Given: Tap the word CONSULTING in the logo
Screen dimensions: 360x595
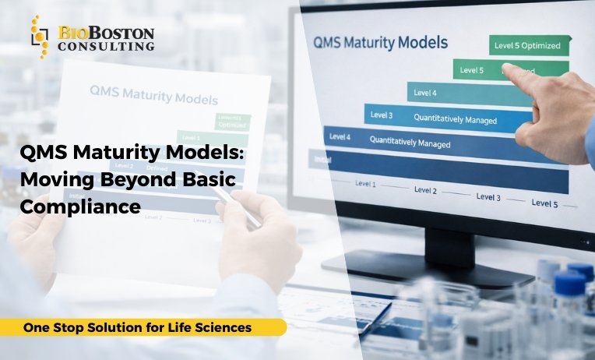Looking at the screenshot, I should pos(107,46).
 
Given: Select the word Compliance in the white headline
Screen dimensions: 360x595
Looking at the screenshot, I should pos(80,206).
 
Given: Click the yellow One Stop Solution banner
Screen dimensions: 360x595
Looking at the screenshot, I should pos(140,327).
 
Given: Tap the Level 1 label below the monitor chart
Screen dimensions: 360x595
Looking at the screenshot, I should pos(365,185).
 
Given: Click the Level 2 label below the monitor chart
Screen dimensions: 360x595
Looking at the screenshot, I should pos(425,189).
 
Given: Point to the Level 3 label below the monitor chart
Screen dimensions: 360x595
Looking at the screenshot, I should pos(488,197).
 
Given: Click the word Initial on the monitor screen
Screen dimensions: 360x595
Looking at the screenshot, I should pos(320,160).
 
